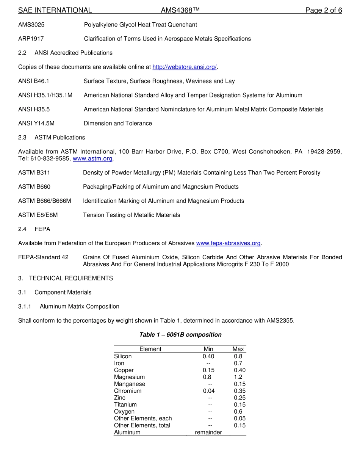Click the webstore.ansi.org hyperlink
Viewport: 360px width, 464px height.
coord(184,67)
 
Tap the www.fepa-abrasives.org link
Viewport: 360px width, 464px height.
coord(229,243)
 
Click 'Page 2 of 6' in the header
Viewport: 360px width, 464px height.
coord(324,10)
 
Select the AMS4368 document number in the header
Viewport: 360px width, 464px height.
coord(180,10)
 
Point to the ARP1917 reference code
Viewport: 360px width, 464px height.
coord(31,39)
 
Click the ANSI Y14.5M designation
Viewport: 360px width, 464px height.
coord(36,123)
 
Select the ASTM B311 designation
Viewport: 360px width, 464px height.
coord(34,172)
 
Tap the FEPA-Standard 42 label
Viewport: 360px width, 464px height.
coord(43,257)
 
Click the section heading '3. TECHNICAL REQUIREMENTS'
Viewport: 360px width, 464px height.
coord(66,278)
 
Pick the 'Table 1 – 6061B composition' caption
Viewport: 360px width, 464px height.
coord(180,334)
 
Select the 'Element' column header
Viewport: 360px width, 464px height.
coord(150,349)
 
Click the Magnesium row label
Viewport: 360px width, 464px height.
coord(129,377)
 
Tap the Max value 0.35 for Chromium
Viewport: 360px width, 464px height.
coord(239,391)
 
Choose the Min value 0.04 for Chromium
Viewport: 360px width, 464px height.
coord(209,391)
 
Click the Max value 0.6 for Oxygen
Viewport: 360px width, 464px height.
coord(238,411)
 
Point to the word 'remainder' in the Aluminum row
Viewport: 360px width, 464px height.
coord(208,432)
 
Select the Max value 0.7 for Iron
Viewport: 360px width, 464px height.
coord(238,363)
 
